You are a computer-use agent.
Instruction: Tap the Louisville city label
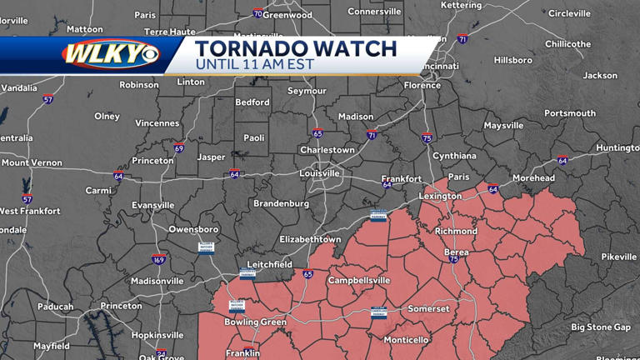click(x=320, y=173)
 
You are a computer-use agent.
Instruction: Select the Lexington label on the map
click(x=440, y=197)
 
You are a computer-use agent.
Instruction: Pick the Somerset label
click(x=428, y=309)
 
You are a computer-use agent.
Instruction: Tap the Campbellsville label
click(x=358, y=281)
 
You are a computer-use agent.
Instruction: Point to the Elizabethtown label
click(x=310, y=239)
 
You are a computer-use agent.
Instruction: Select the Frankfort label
click(x=402, y=179)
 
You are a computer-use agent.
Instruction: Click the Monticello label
click(x=406, y=340)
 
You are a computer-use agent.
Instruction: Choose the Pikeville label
click(x=618, y=257)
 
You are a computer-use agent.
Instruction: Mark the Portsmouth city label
click(x=570, y=113)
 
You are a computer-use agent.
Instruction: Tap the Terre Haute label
click(x=169, y=32)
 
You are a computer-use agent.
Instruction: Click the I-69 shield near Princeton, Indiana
click(x=179, y=147)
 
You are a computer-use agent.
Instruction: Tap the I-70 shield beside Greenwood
click(x=258, y=14)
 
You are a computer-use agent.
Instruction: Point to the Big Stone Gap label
click(x=602, y=327)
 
